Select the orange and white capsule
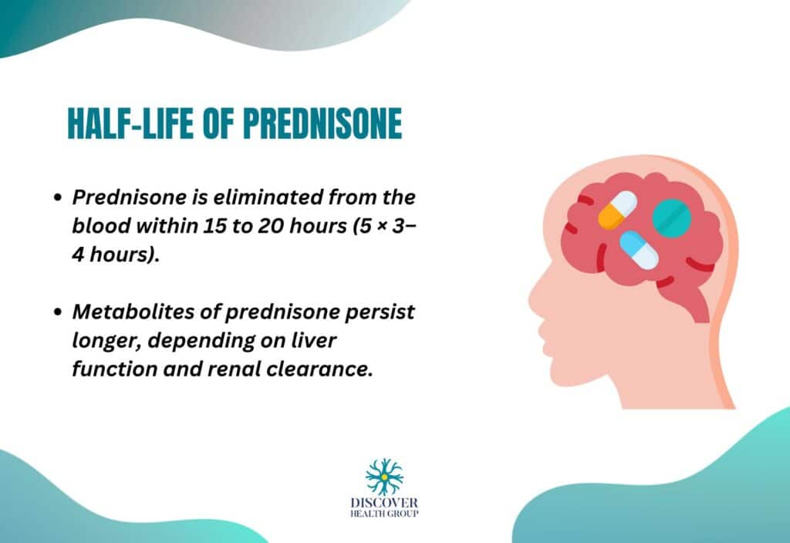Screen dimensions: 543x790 pyautogui.click(x=617, y=210)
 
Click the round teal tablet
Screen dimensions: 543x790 pyautogui.click(x=671, y=218)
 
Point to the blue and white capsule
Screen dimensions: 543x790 pyautogui.click(x=640, y=250)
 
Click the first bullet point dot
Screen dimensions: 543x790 pyautogui.click(x=57, y=197)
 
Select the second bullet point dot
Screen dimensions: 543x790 pyautogui.click(x=57, y=312)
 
